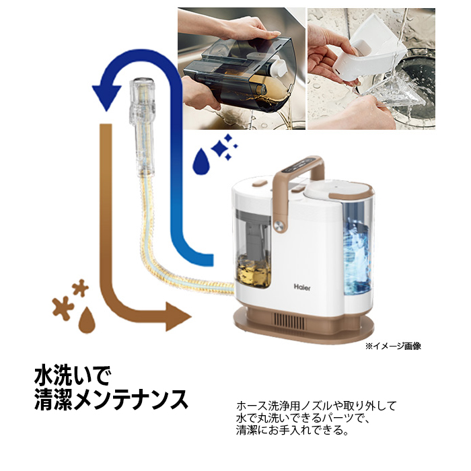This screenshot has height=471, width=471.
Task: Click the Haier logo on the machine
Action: tap(302, 287)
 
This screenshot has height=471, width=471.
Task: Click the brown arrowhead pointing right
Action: tap(178, 317)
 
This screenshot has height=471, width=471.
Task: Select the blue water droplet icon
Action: tap(201, 161)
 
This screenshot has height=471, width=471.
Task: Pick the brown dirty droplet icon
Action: tap(87, 320)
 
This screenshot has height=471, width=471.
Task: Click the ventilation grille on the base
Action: tap(289, 322)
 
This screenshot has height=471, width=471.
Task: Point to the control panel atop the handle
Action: tap(301, 166)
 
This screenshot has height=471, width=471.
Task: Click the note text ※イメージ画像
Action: tap(393, 346)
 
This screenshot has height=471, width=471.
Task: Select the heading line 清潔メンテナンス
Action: tap(111, 400)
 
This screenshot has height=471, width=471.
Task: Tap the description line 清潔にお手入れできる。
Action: tap(292, 430)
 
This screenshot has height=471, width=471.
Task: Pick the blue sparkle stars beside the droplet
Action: tap(224, 147)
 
